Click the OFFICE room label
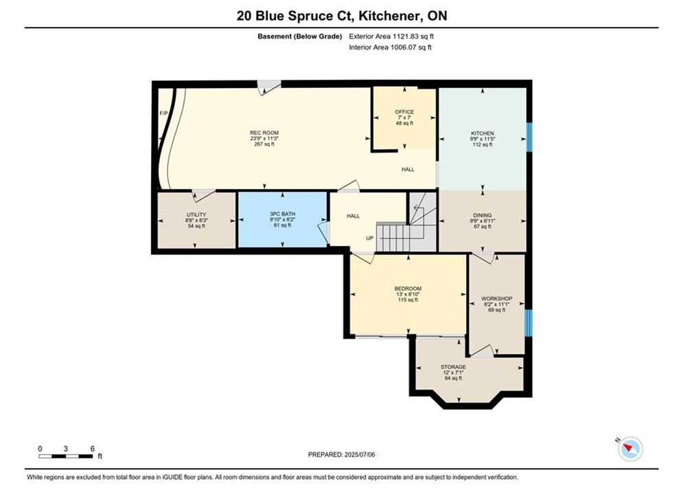[x=404, y=112]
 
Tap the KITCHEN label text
[x=482, y=133]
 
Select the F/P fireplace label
[x=164, y=113]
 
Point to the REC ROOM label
[x=264, y=133]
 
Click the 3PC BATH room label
[x=282, y=214]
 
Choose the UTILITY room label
[x=196, y=214]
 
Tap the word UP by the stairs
[x=370, y=238]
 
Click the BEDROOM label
[x=408, y=289]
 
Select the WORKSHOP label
[x=496, y=299]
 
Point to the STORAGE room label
[x=453, y=367]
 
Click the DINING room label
[x=482, y=215]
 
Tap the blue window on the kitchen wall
[x=529, y=137]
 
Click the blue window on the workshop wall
[x=529, y=322]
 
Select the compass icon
[x=630, y=448]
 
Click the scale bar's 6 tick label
[x=93, y=448]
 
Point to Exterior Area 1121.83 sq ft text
[x=391, y=36]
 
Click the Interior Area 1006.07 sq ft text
[x=391, y=47]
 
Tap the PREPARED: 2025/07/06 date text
[x=342, y=454]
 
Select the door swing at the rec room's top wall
[x=268, y=87]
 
